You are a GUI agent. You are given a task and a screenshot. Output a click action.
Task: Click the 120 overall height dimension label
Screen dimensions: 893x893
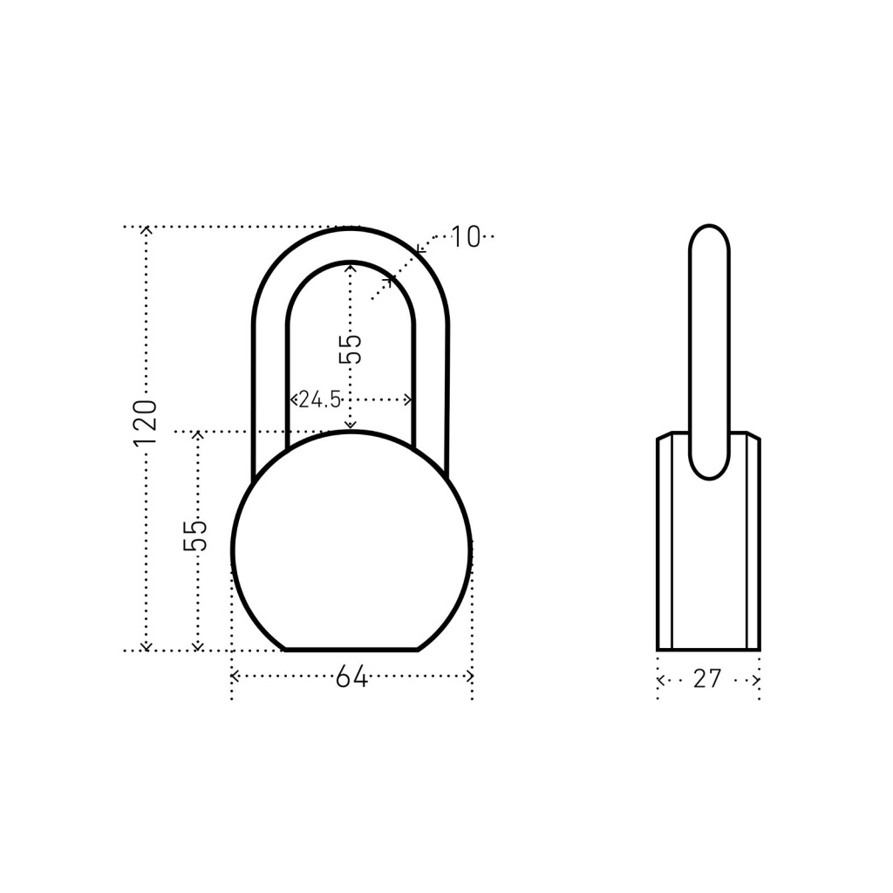pyautogui.click(x=145, y=423)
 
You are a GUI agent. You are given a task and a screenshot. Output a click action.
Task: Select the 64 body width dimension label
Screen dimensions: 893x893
pyautogui.click(x=351, y=677)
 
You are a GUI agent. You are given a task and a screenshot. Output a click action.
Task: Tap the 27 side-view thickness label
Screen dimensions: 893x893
pyautogui.click(x=707, y=678)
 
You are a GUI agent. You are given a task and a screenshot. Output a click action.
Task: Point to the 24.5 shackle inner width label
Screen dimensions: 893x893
pyautogui.click(x=320, y=399)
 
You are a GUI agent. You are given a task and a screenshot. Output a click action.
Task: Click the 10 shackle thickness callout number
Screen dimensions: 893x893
pyautogui.click(x=466, y=237)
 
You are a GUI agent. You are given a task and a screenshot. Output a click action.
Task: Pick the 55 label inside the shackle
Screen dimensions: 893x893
pyautogui.click(x=351, y=349)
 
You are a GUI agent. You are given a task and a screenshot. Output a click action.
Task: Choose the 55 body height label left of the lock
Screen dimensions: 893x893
pyautogui.click(x=194, y=535)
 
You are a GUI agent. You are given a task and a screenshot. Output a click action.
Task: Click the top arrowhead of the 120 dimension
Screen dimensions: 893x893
pyautogui.click(x=147, y=230)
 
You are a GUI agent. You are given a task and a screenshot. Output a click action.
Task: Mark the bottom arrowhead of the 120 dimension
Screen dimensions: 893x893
pyautogui.click(x=147, y=646)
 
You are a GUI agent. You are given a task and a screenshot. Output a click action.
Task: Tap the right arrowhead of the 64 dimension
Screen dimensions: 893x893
pyautogui.click(x=469, y=677)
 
